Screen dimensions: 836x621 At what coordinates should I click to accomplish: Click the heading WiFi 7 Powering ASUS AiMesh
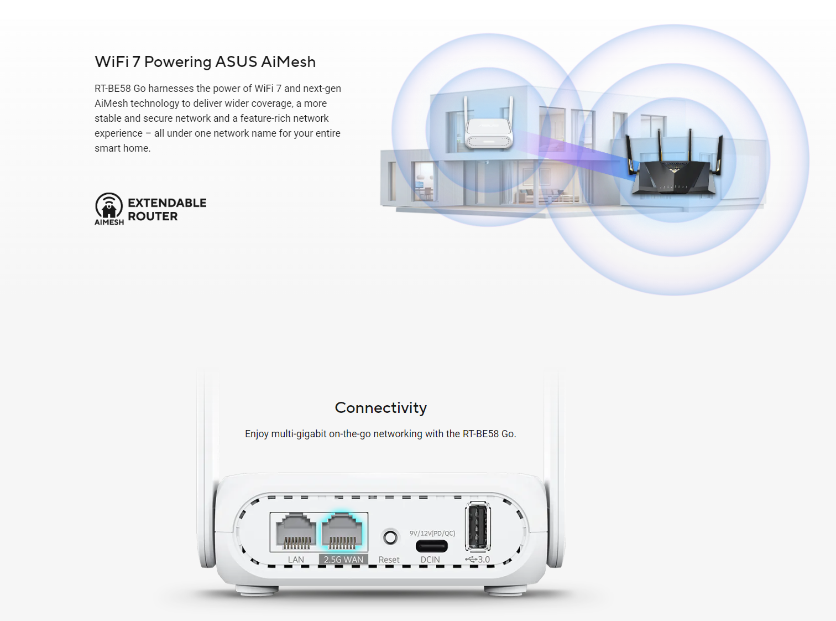(205, 62)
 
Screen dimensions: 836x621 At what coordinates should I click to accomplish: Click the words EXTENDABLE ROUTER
(167, 209)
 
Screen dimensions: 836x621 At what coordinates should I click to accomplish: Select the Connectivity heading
(381, 407)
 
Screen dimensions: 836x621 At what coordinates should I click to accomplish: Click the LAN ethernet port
(296, 531)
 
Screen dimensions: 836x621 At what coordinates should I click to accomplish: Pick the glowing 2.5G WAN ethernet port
(342, 531)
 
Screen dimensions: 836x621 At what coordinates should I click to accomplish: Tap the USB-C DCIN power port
(432, 546)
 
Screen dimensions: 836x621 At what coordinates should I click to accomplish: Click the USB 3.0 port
(478, 526)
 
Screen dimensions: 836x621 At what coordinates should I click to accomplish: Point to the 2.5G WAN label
(343, 560)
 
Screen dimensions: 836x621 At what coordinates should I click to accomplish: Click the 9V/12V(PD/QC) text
(432, 533)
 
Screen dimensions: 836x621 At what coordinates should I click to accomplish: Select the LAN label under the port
(296, 560)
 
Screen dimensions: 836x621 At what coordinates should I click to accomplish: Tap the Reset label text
(389, 560)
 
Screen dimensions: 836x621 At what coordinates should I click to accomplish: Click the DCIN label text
(430, 560)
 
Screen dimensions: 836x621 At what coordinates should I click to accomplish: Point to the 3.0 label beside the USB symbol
(484, 559)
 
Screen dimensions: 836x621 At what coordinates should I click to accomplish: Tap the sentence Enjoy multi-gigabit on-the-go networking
(381, 434)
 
